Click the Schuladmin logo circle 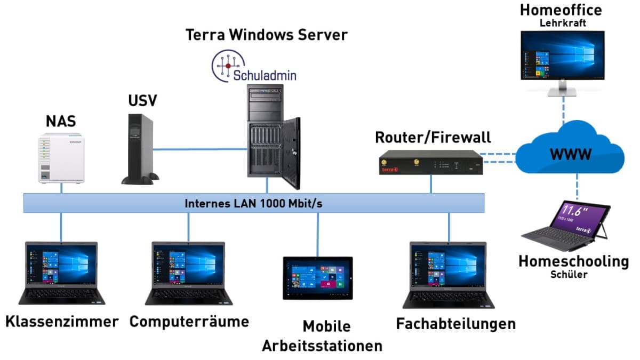pyautogui.click(x=228, y=66)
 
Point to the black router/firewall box pyautogui.click(x=429, y=163)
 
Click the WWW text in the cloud pyautogui.click(x=571, y=155)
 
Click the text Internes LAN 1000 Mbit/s pyautogui.click(x=253, y=203)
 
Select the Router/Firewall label pyautogui.click(x=433, y=137)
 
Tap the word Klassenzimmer pyautogui.click(x=61, y=322)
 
